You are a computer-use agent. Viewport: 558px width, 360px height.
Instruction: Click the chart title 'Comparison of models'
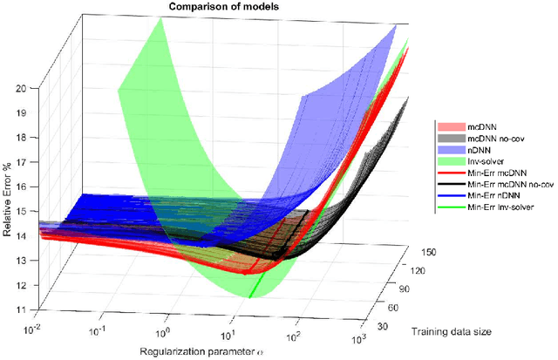[x=210, y=8]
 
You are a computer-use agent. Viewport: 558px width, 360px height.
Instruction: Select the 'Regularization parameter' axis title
[x=214, y=350]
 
